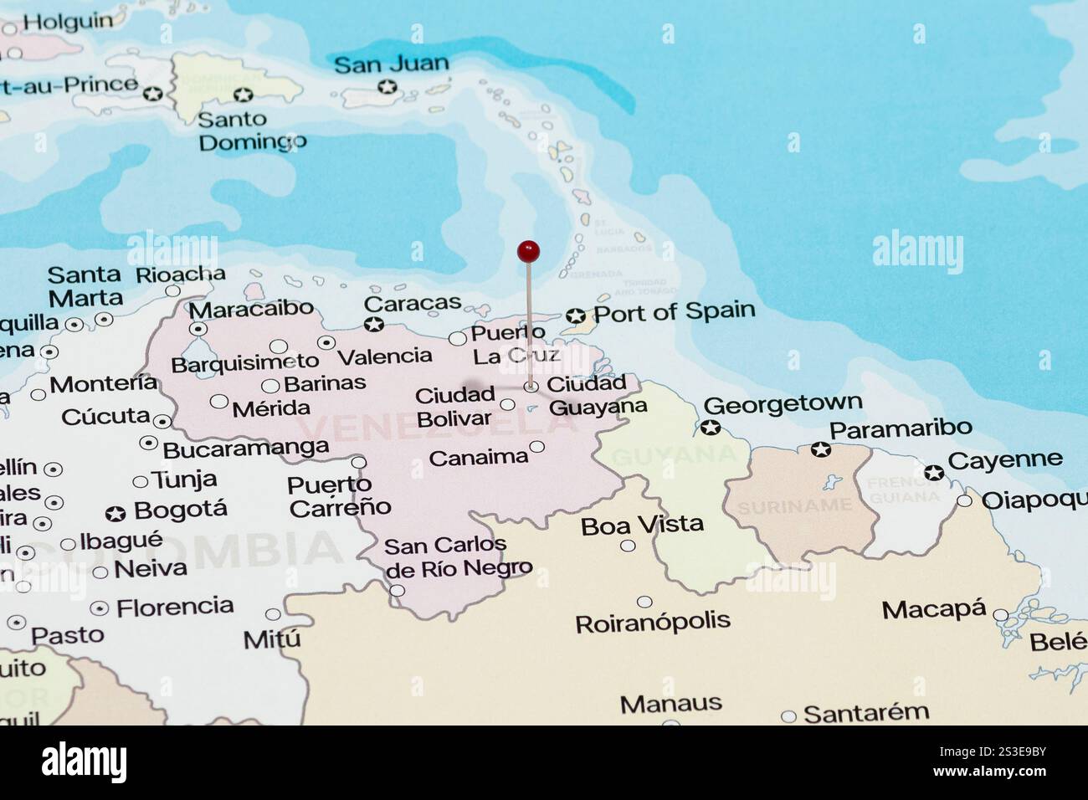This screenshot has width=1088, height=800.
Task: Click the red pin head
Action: pos(528,250)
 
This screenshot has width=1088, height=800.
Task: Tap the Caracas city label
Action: pos(412,303)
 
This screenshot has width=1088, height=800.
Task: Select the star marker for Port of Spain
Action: pos(575,315)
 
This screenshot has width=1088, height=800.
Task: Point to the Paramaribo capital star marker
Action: pos(820,449)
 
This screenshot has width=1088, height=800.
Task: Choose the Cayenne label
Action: pos(1004,459)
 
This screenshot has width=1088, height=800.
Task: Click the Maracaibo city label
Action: pos(250,309)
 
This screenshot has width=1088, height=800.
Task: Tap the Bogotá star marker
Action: pos(116,513)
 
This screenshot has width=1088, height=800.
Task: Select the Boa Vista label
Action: pos(642,525)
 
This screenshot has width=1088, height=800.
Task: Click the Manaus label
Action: pos(670,703)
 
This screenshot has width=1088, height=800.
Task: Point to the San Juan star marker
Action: pos(387,86)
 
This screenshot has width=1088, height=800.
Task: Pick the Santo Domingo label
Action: pos(250,131)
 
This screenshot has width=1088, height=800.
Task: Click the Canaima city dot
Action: pos(536,447)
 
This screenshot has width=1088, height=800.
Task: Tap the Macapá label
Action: pos(934,609)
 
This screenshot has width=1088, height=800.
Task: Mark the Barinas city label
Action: pos(325,383)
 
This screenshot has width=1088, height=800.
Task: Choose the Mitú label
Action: pos(272,640)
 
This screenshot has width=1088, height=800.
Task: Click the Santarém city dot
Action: pos(788,716)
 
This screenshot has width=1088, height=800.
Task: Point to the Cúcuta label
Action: pos(105,416)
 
